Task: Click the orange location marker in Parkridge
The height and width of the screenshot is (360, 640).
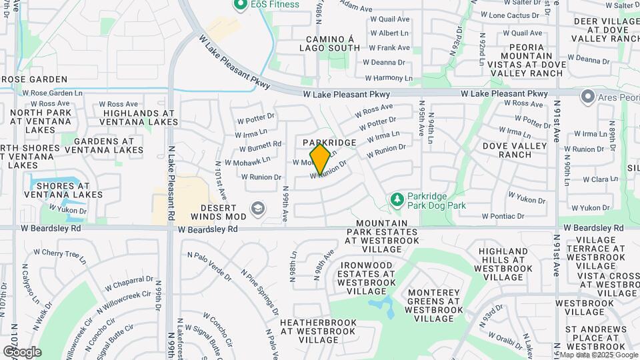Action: (x=321, y=159)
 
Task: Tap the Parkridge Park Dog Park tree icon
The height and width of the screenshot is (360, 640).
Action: (x=397, y=199)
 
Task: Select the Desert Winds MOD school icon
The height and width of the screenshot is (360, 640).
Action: (x=257, y=209)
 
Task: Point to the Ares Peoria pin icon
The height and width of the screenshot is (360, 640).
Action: (x=587, y=98)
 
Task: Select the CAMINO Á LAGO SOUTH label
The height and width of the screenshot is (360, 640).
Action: (x=333, y=44)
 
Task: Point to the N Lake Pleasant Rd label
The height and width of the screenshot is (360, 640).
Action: (x=171, y=183)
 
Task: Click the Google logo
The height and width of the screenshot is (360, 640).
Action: (x=21, y=352)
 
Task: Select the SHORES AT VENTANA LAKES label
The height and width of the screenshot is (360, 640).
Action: (x=63, y=189)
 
